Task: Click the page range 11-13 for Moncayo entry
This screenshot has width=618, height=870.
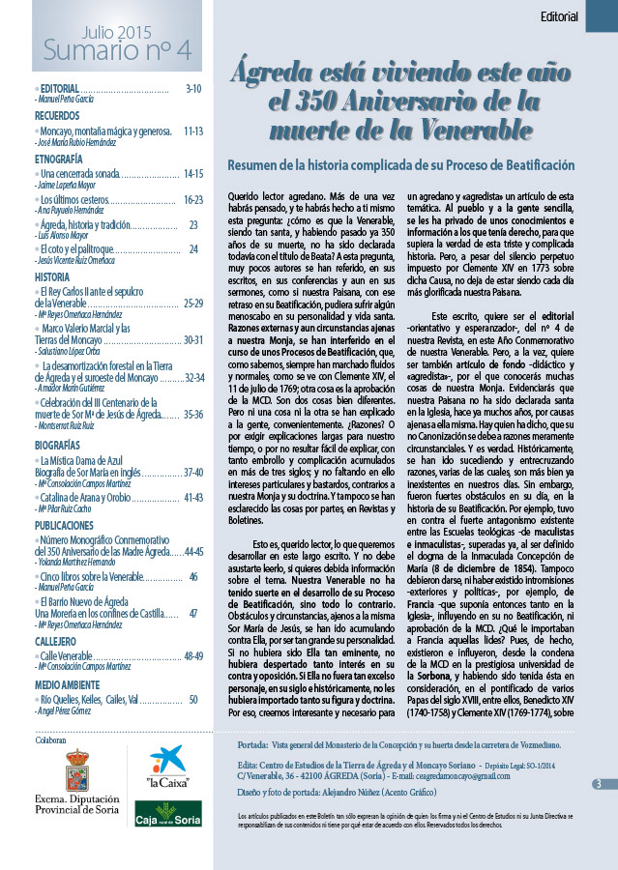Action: click(192, 130)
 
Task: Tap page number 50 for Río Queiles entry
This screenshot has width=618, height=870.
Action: click(193, 699)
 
